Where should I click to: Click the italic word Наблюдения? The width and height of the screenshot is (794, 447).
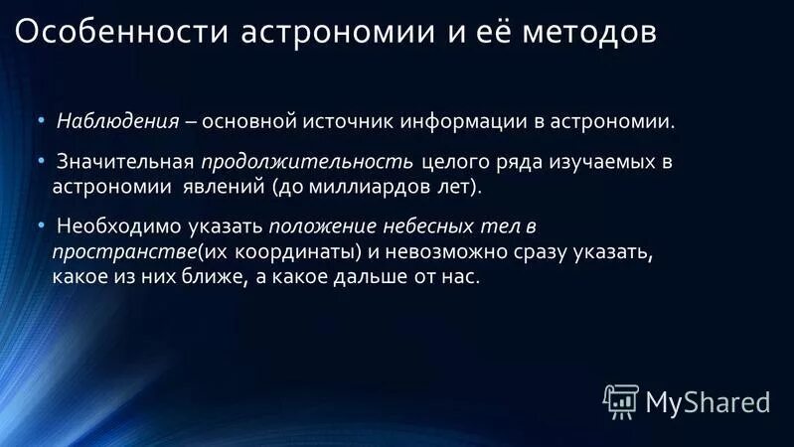tap(117, 122)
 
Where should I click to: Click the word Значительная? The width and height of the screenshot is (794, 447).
tap(124, 162)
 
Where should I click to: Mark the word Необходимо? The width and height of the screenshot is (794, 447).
tap(113, 225)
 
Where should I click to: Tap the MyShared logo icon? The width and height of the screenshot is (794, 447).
tap(620, 399)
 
